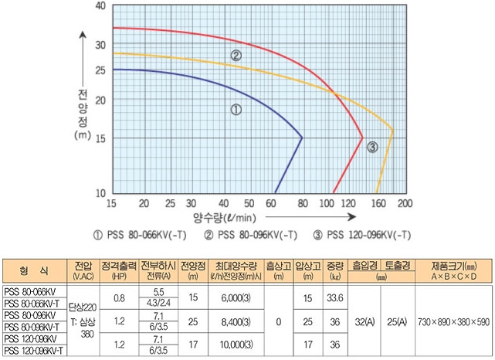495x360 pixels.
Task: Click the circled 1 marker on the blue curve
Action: click(x=236, y=110)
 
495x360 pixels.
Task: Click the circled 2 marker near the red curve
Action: click(x=236, y=55)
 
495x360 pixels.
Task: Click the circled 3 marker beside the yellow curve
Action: click(x=372, y=148)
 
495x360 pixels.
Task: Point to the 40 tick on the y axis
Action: click(x=100, y=5)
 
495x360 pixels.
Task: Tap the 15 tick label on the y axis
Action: click(x=100, y=138)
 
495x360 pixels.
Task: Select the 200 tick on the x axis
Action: click(x=405, y=203)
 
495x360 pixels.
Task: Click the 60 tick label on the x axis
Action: click(x=270, y=203)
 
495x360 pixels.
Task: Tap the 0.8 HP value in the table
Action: click(x=119, y=297)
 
